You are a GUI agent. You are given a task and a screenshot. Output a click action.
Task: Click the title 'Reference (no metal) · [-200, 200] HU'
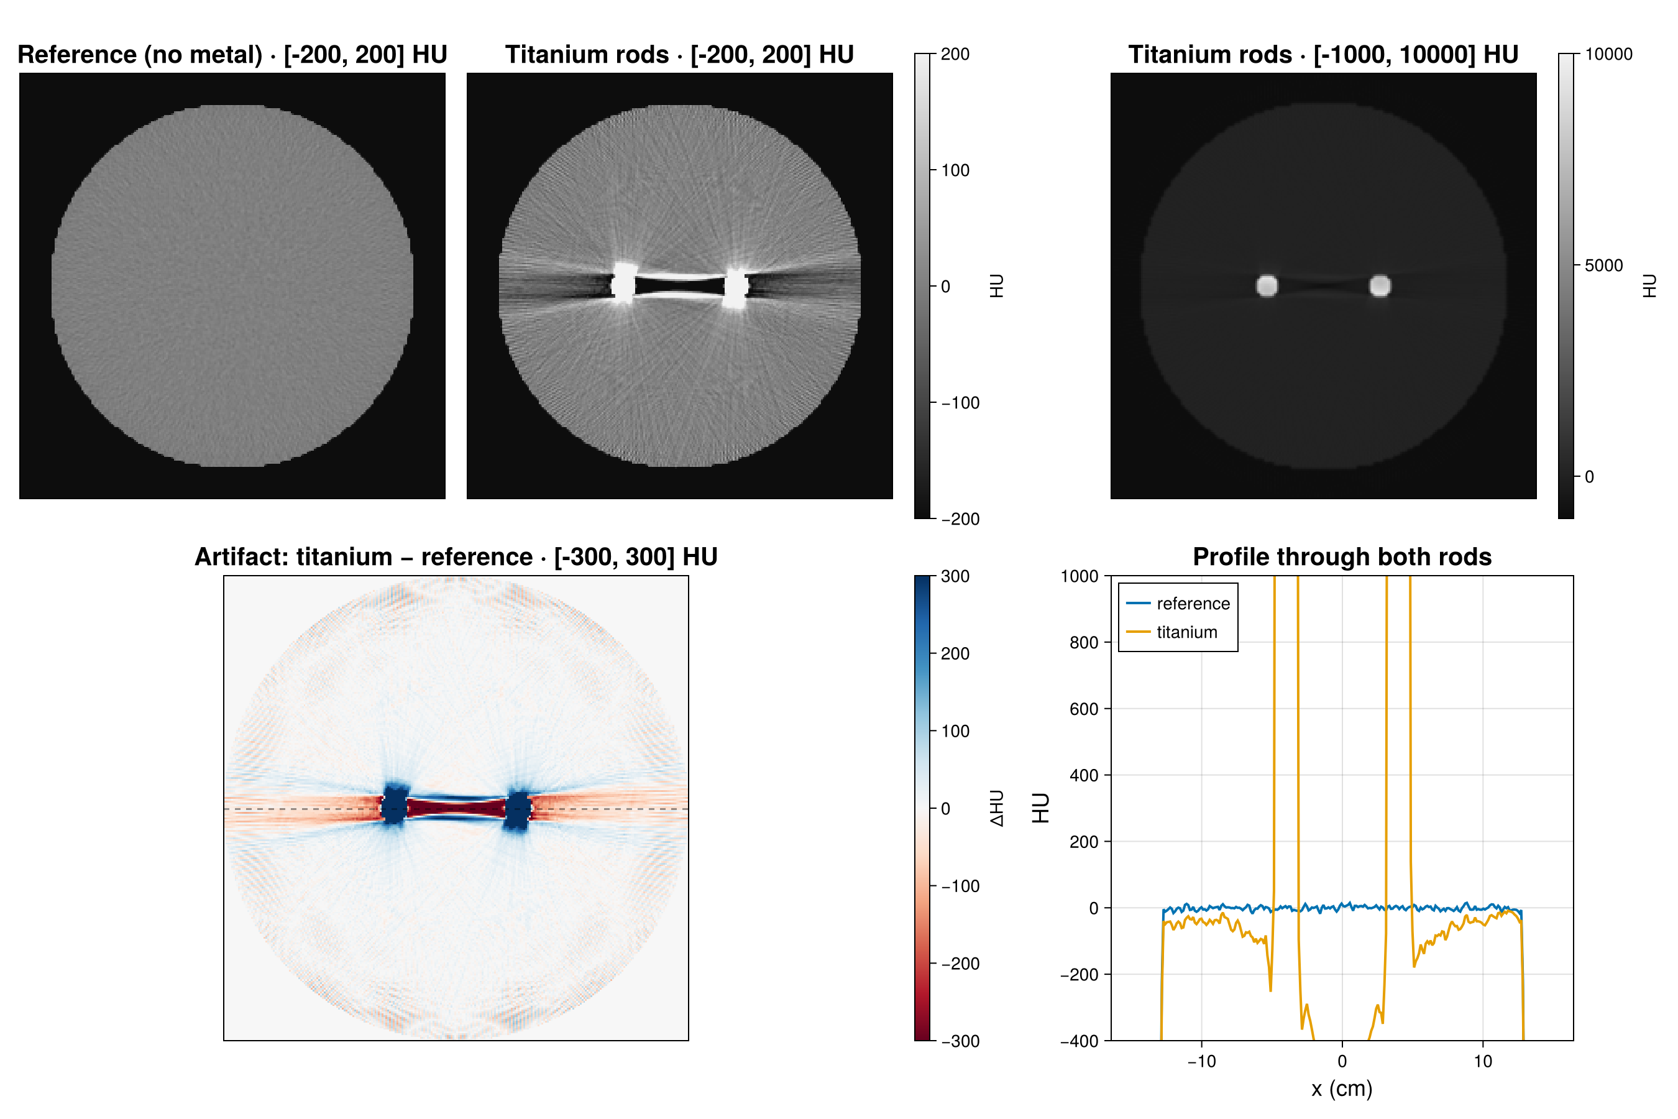[232, 55]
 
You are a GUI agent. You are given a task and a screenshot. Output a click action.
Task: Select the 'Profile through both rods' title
[1342, 556]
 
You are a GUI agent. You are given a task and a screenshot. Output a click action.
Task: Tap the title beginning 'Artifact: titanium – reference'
[456, 556]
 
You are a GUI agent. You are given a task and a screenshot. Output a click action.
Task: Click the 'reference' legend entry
[1193, 604]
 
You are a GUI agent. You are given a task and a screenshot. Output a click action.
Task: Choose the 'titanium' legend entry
[1186, 632]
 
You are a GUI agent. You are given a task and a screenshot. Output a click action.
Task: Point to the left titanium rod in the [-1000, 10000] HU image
[1267, 285]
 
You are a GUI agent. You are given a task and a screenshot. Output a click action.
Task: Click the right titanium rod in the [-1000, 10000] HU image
[1380, 285]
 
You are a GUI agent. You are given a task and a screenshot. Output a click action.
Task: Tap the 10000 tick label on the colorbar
[1608, 54]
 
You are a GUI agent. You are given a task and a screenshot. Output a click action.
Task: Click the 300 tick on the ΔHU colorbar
[955, 577]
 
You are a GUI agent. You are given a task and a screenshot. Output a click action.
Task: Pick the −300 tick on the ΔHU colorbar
[960, 1041]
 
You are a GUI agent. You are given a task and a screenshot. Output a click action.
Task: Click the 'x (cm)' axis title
[1342, 1089]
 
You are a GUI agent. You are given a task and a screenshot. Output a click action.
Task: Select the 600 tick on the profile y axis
[1084, 709]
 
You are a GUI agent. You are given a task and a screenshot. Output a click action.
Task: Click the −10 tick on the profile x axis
[1201, 1062]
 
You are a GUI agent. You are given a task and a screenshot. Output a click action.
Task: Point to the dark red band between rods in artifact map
[456, 808]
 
